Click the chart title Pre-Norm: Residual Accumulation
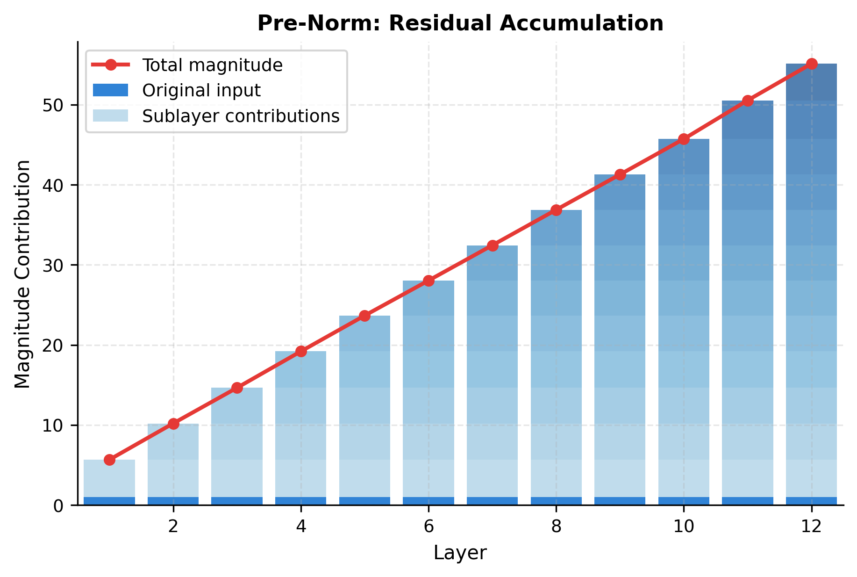click(460, 23)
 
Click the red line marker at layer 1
click(109, 460)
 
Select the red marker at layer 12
click(812, 64)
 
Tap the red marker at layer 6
click(428, 281)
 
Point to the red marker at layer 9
click(620, 174)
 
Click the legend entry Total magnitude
click(212, 65)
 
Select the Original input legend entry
click(201, 90)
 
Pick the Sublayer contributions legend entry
click(241, 116)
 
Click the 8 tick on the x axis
click(556, 527)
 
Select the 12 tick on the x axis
click(812, 527)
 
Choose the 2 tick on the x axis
click(173, 527)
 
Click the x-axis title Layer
click(460, 553)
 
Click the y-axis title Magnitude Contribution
click(22, 274)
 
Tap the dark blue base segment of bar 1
click(109, 501)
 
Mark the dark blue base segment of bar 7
click(492, 501)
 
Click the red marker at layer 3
click(237, 388)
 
